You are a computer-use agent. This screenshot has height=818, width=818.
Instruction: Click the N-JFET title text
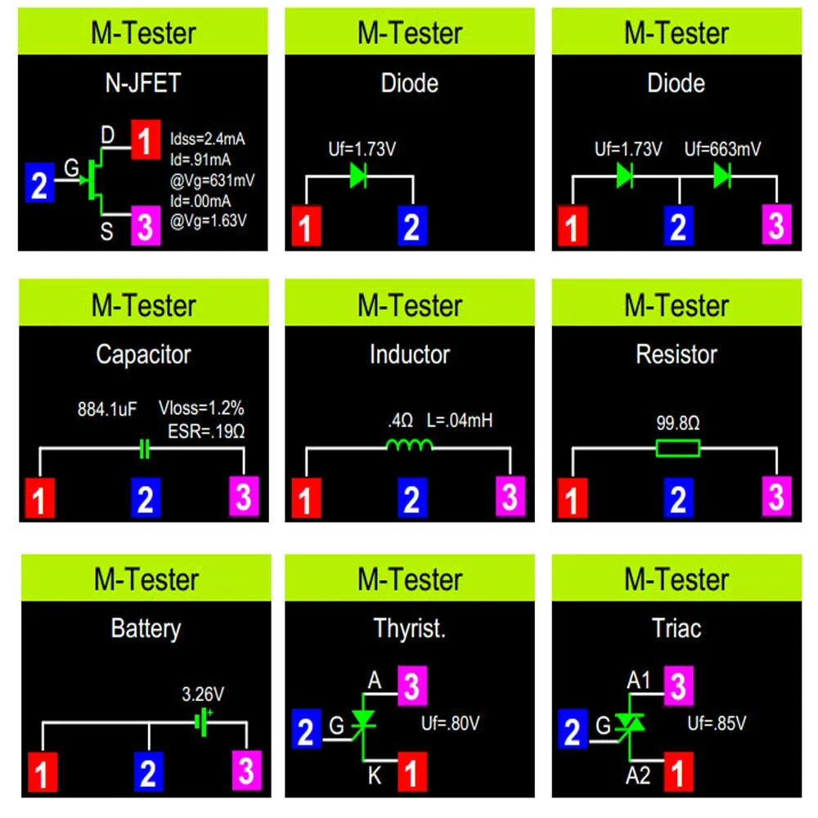pos(143,83)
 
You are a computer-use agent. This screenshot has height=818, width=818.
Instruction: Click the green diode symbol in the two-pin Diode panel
pos(358,175)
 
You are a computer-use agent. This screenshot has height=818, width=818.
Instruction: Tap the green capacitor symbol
pos(145,449)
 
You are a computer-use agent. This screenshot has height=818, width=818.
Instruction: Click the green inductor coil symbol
pos(409,446)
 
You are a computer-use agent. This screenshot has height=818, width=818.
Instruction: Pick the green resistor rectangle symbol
pos(677,447)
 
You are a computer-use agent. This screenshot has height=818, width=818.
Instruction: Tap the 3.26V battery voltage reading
pos(202,695)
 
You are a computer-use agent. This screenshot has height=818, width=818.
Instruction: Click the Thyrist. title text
pos(409,628)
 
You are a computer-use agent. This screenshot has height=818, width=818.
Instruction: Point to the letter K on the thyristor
pos(374,774)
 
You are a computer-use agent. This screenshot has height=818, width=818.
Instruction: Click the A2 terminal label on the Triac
pos(638,775)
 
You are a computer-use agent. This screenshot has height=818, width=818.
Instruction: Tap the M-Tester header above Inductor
pos(410,305)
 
